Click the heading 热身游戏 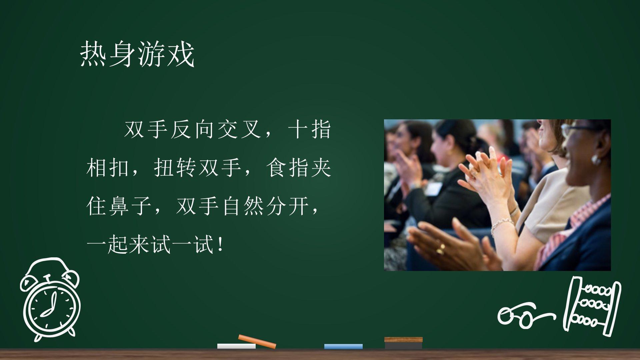(137, 54)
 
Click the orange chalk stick (257, 341)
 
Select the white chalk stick (236, 346)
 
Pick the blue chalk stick (343, 346)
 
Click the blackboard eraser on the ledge (403, 343)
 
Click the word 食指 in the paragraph (287, 168)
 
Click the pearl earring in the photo (596, 159)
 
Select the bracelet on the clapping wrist (501, 224)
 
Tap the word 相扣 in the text (108, 168)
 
